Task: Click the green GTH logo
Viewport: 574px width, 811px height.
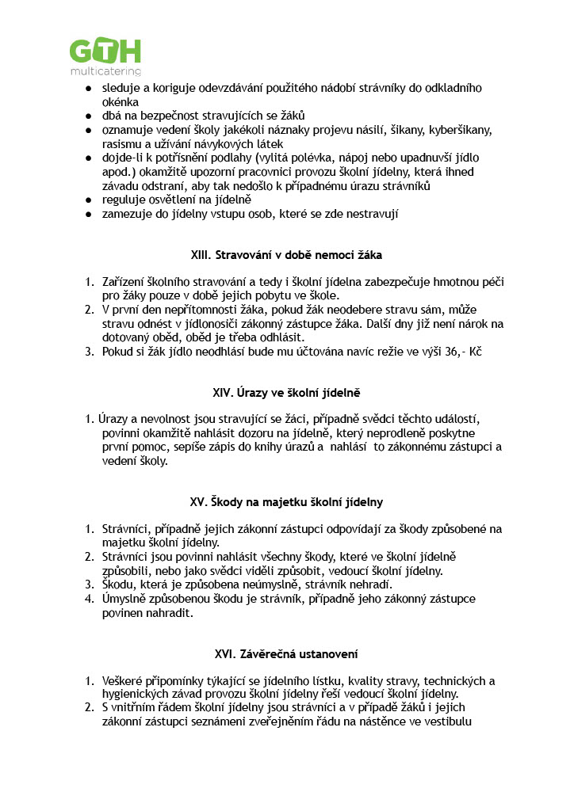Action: [x=105, y=52]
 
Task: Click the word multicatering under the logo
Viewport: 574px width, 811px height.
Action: [x=105, y=72]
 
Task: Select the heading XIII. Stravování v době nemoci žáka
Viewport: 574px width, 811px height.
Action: [x=286, y=256]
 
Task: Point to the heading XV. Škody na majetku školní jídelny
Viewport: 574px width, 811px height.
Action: [x=286, y=502]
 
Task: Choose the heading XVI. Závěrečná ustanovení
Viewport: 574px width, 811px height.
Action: [x=286, y=654]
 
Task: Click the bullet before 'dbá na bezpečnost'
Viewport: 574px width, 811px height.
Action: [x=90, y=116]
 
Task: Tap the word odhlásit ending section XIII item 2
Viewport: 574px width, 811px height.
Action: [x=302, y=337]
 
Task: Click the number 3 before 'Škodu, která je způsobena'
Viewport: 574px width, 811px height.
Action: [x=90, y=584]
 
